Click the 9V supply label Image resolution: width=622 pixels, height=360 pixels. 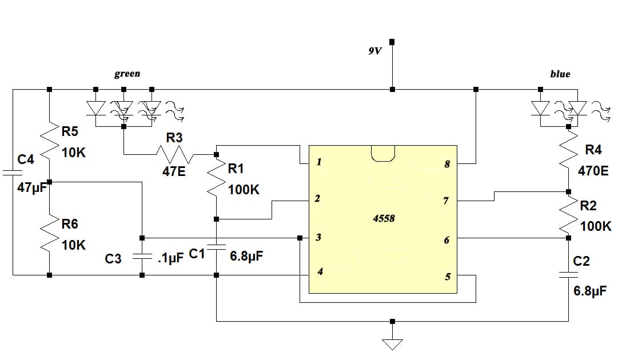pos(374,51)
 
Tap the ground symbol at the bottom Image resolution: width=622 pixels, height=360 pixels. pos(392,343)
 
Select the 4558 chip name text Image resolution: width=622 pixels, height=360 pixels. pos(384,218)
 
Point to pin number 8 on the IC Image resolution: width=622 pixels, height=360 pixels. pos(446,165)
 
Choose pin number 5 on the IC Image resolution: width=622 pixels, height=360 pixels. pos(448,277)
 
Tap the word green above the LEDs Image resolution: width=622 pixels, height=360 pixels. pos(127,74)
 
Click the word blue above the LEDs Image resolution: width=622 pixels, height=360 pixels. pos(560,74)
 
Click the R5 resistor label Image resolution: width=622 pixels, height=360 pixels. pos(70,133)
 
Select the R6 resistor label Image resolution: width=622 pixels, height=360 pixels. pos(70,223)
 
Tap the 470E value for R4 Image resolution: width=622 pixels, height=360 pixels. pos(593,170)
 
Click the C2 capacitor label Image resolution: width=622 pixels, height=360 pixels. pos(581,261)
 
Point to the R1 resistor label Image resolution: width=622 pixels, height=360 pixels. pos(236,169)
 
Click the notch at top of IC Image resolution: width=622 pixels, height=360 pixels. pos(383,153)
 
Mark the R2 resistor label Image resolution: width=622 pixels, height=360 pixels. pos(589,206)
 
